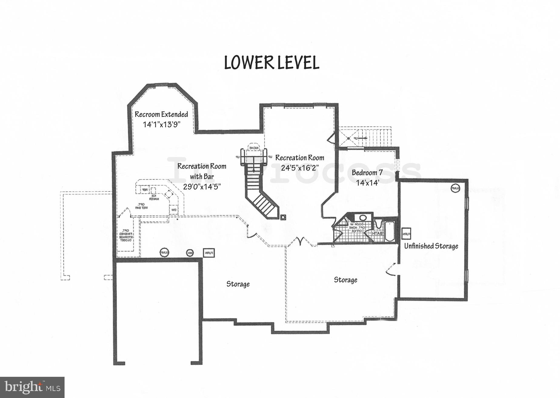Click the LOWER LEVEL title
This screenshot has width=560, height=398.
point(272,63)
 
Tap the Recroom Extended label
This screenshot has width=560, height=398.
point(161,114)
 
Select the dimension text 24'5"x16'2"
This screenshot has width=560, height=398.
point(300,167)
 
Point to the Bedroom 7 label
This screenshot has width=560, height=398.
point(367,173)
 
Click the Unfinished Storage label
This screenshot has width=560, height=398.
point(431,246)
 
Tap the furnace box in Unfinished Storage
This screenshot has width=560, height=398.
point(406,233)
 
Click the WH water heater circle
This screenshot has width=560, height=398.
point(190,253)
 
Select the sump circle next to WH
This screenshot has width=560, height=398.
point(164,253)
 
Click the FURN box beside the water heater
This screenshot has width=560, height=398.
point(209,253)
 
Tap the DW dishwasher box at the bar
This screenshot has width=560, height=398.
point(174,210)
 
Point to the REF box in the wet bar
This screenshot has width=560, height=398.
point(145,190)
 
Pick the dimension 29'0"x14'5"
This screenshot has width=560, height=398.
point(202,187)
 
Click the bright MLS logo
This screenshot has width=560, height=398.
point(32,387)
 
